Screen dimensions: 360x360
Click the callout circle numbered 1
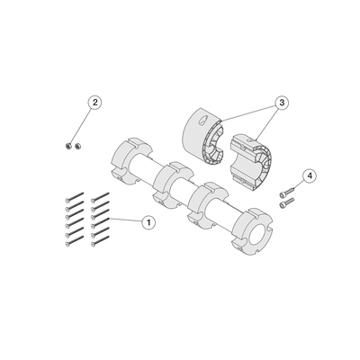148,222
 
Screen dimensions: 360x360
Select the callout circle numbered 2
94,103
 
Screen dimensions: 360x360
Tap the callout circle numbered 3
282,103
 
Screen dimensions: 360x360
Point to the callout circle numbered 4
310,175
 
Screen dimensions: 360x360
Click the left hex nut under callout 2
68,146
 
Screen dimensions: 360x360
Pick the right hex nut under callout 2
78,146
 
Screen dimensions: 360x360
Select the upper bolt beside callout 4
287,192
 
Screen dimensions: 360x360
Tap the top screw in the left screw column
74,197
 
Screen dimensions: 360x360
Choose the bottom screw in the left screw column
74,241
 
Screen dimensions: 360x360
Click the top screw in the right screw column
100,197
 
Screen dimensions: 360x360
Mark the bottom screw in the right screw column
100,241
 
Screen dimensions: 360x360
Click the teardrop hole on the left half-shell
202,119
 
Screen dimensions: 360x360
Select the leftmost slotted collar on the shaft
131,160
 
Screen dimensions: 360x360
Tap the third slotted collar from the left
211,207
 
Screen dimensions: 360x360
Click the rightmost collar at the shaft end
252,232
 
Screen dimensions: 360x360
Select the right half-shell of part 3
250,162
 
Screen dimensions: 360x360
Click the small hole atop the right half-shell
249,139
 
